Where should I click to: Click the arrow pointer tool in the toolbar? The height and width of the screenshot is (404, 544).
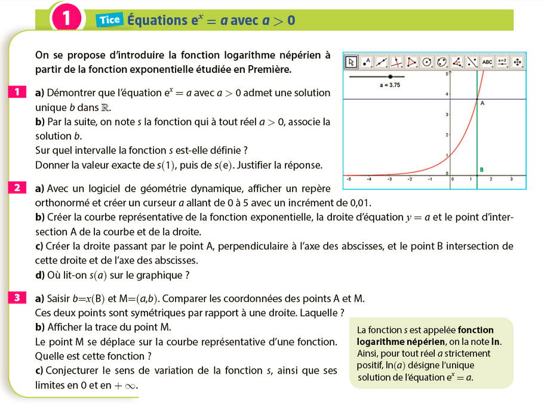pyautogui.click(x=351, y=61)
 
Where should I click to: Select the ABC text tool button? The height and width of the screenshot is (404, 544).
pyautogui.click(x=487, y=61)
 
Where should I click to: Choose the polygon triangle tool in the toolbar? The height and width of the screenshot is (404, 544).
pyautogui.click(x=411, y=61)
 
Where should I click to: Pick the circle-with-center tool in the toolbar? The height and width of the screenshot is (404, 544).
pyautogui.click(x=426, y=61)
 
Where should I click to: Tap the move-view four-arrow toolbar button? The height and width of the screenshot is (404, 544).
pyautogui.click(x=517, y=61)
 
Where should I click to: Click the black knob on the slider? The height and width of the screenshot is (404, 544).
pyautogui.click(x=390, y=76)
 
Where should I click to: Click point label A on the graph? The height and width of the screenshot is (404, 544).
pyautogui.click(x=482, y=103)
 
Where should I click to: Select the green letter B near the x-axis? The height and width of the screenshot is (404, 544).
pyautogui.click(x=481, y=169)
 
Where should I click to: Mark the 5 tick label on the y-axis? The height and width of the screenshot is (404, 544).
pyautogui.click(x=447, y=73)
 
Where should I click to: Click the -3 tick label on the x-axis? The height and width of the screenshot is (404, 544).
pyautogui.click(x=389, y=179)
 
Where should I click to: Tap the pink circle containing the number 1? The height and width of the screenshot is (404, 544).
pyautogui.click(x=67, y=18)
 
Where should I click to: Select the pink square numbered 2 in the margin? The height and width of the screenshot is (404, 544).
pyautogui.click(x=17, y=188)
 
